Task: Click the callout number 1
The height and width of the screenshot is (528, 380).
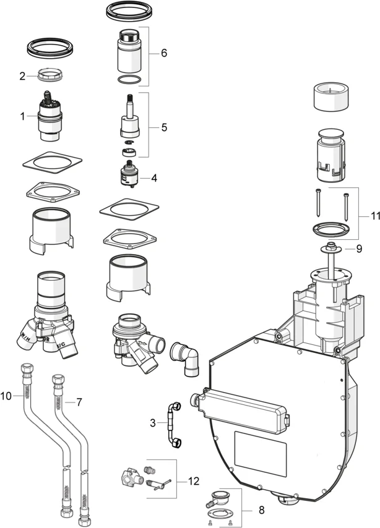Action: click(22, 116)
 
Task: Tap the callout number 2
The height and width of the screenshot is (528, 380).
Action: click(22, 77)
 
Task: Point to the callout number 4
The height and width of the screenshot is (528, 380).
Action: click(153, 177)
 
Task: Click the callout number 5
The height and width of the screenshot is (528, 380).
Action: click(164, 127)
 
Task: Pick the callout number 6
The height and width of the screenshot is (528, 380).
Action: click(164, 53)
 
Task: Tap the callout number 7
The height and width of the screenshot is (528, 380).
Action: click(79, 402)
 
